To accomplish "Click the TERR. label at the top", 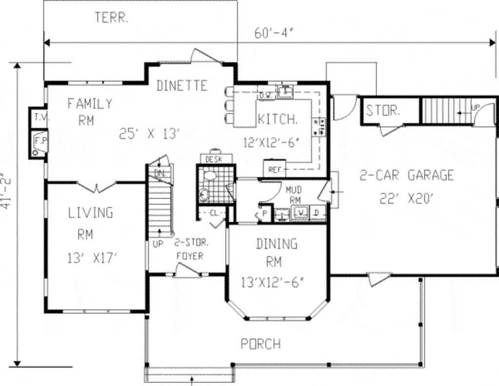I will click(x=112, y=19).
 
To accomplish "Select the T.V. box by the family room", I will click(x=38, y=116).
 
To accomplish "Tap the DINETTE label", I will click(x=182, y=86).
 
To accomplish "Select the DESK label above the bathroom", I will click(x=214, y=159).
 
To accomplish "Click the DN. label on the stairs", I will click(x=159, y=173).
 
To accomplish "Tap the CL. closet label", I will click(x=214, y=212).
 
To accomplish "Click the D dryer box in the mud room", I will click(x=316, y=212).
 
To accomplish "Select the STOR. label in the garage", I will click(x=383, y=110).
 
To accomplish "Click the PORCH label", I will click(x=261, y=344).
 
